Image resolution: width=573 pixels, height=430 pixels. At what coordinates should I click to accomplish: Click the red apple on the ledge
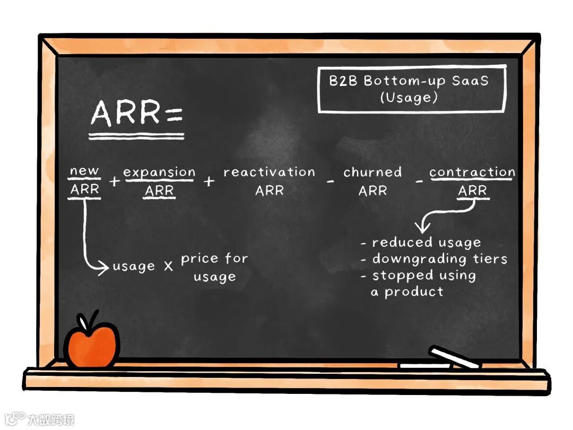pyautogui.click(x=91, y=345)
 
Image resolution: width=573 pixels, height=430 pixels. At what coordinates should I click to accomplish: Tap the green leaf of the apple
pyautogui.click(x=85, y=322)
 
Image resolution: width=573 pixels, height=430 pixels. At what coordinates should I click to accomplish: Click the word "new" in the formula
pyautogui.click(x=84, y=171)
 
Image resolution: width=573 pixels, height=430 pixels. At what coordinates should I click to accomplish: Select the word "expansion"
pyautogui.click(x=159, y=172)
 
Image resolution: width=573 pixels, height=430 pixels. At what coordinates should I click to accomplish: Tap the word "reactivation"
pyautogui.click(x=269, y=172)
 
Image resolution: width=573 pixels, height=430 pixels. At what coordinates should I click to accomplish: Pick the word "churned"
pyautogui.click(x=372, y=172)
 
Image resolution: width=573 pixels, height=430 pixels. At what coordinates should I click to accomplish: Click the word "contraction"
pyautogui.click(x=472, y=172)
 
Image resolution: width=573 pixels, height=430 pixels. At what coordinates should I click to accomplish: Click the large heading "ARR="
pyautogui.click(x=136, y=113)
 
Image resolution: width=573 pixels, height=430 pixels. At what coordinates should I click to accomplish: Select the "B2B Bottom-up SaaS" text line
pyautogui.click(x=409, y=81)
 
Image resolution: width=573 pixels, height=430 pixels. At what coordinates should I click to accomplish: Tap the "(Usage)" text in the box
pyautogui.click(x=409, y=98)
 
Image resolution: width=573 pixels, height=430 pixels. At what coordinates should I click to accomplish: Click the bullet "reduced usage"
pyautogui.click(x=427, y=243)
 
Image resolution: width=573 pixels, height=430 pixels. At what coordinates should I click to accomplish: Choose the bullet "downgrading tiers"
pyautogui.click(x=440, y=259)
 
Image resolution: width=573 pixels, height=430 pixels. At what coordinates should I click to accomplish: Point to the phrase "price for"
pyautogui.click(x=214, y=259)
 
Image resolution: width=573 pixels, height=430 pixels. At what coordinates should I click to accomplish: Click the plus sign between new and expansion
pyautogui.click(x=114, y=182)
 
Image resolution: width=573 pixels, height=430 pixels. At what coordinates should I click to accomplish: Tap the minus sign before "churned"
pyautogui.click(x=331, y=182)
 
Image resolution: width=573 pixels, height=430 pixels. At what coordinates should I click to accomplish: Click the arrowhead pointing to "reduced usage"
pyautogui.click(x=423, y=228)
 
